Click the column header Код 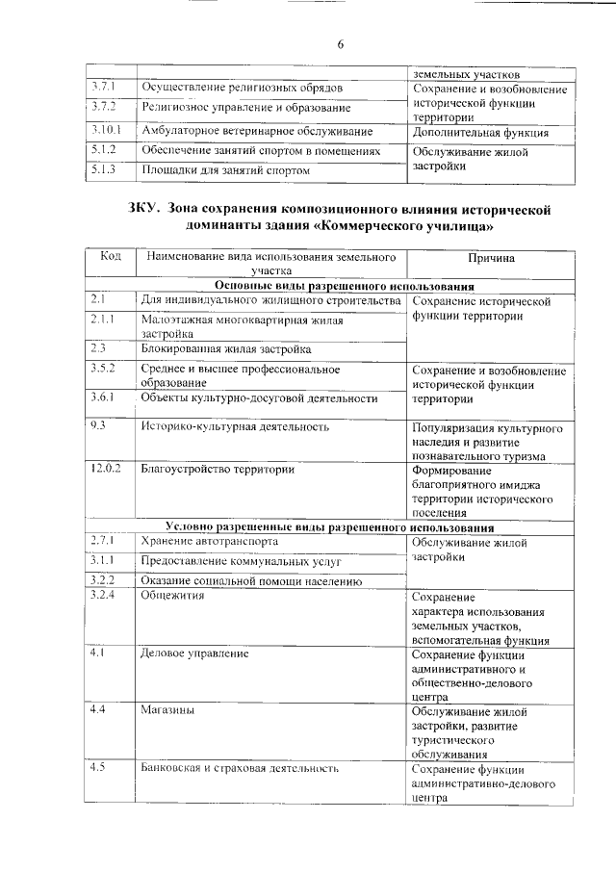pyautogui.click(x=111, y=258)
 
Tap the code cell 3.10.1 pyautogui.click(x=105, y=130)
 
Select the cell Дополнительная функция pyautogui.click(x=479, y=133)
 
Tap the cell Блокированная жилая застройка pyautogui.click(x=225, y=349)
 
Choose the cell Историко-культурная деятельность pyautogui.click(x=235, y=425)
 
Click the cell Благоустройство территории pyautogui.click(x=218, y=470)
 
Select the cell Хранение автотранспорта pyautogui.click(x=215, y=542)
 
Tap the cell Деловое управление pyautogui.click(x=194, y=653)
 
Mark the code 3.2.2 pyautogui.click(x=102, y=579)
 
